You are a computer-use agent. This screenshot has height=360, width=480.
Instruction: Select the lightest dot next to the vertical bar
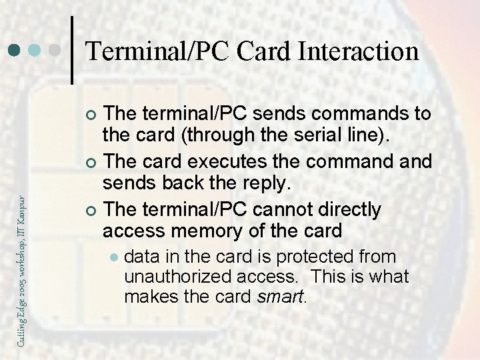[56, 51]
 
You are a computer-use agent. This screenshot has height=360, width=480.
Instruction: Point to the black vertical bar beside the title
[72, 51]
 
